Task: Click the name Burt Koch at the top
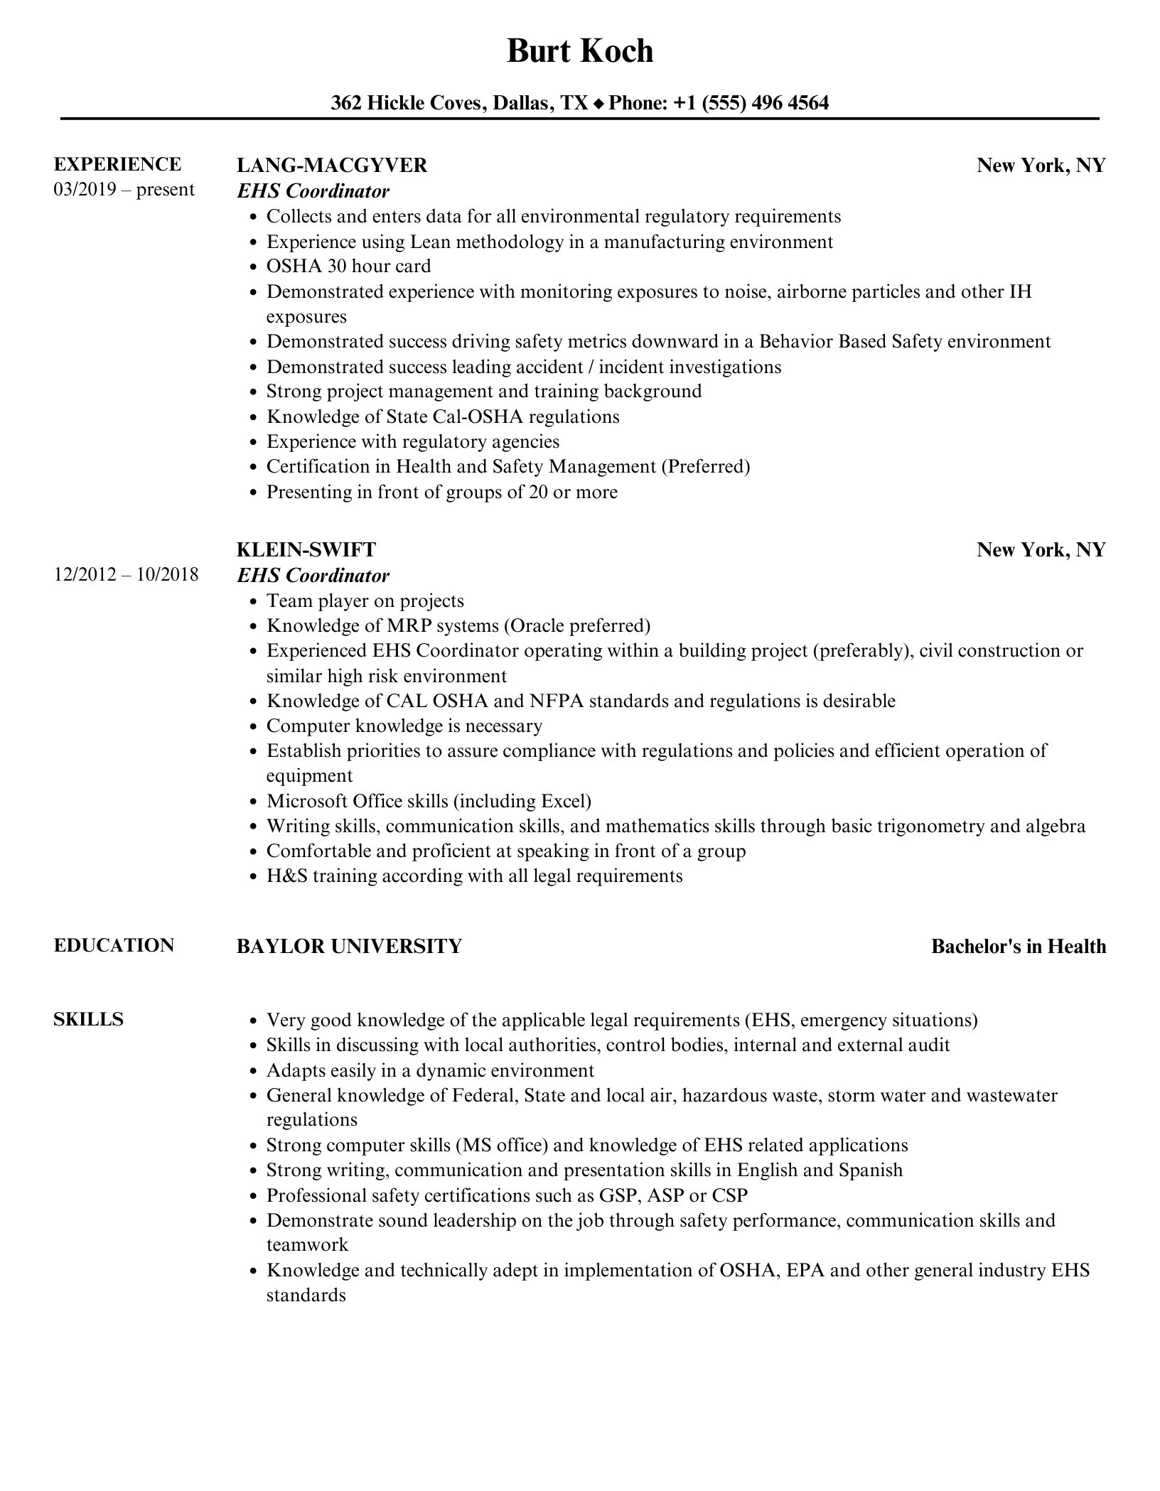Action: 579,51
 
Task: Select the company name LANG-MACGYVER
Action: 332,166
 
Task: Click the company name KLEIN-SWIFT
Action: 306,549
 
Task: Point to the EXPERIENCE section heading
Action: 117,164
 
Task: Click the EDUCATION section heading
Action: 114,945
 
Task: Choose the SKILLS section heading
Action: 89,1019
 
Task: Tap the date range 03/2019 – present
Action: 124,190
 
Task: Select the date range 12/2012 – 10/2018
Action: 126,574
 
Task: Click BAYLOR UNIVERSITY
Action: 349,946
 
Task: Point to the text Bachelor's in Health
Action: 1018,946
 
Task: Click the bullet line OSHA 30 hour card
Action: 348,267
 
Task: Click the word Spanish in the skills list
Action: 870,1170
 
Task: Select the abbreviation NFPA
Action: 557,701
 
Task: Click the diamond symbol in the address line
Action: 598,104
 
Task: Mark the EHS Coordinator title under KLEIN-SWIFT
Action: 313,575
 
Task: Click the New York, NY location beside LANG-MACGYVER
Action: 1041,166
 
